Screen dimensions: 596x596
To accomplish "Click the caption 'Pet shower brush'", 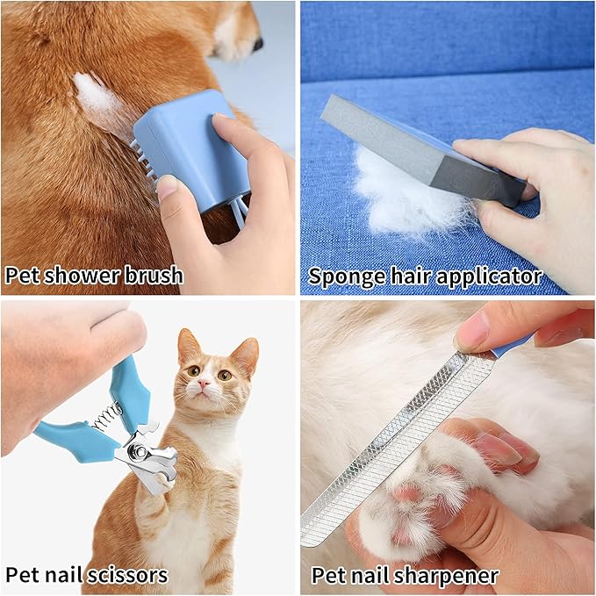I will pyautogui.click(x=94, y=275).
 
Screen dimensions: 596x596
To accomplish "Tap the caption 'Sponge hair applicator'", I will pyautogui.click(x=424, y=276).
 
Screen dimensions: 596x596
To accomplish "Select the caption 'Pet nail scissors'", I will pyautogui.click(x=86, y=575).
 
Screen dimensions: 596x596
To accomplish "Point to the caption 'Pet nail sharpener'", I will pyautogui.click(x=405, y=576).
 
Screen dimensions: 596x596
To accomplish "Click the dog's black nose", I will pyautogui.click(x=256, y=42).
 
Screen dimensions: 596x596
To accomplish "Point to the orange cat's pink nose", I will pyautogui.click(x=204, y=384).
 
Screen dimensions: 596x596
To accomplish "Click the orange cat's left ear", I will pyautogui.click(x=187, y=344).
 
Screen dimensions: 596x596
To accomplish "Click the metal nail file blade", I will pyautogui.click(x=395, y=448).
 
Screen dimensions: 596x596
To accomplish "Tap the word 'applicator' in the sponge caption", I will pyautogui.click(x=492, y=276).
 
